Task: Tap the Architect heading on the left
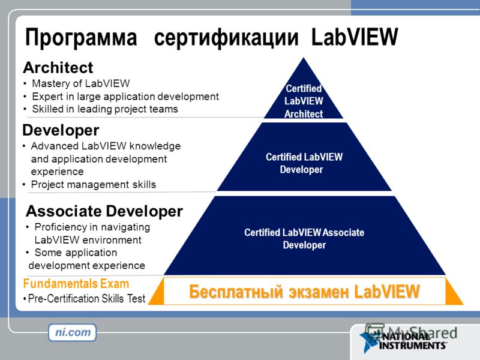[x=58, y=67]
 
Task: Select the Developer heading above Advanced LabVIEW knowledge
[x=61, y=130]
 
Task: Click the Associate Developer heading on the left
[x=104, y=211]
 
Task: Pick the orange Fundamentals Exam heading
[x=76, y=284]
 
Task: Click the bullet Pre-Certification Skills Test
[x=84, y=298]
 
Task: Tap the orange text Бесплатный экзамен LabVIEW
[x=304, y=291]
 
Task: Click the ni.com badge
[x=73, y=332]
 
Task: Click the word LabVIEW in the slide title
[x=355, y=37]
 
